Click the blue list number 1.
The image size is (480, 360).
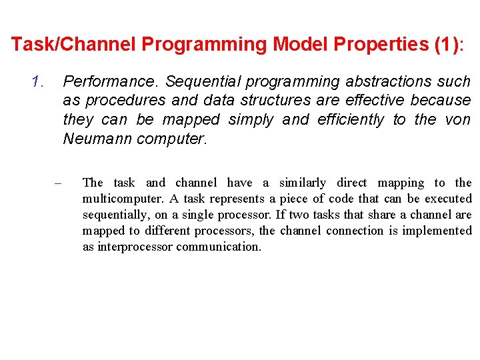point(37,82)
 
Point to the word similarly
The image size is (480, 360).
point(303,183)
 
